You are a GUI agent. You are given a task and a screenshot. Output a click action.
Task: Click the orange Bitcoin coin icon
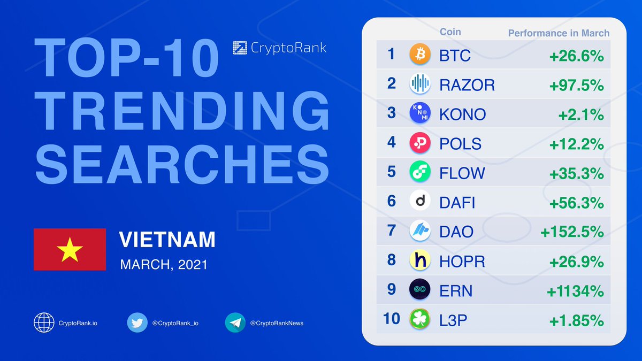(419, 55)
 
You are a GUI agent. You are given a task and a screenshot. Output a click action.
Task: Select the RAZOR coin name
(467, 85)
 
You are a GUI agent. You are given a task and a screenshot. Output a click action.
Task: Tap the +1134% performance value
(575, 291)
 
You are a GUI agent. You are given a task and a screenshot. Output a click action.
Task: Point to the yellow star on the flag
(70, 250)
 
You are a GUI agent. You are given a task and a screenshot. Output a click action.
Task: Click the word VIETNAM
(167, 240)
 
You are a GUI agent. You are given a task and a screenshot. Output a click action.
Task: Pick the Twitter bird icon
(137, 322)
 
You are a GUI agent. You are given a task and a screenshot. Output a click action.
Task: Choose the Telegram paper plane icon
(235, 322)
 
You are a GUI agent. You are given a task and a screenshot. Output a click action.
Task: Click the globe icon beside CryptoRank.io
(44, 322)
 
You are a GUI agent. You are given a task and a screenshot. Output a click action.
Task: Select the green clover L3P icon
(419, 319)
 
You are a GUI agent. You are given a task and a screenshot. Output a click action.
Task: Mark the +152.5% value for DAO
(572, 232)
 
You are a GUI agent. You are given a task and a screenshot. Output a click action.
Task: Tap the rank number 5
(392, 172)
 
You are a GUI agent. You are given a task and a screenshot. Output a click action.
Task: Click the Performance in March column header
(559, 33)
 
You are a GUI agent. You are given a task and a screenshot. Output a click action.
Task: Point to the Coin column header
(450, 32)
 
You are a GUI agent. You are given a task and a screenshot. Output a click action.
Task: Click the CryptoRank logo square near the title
(240, 48)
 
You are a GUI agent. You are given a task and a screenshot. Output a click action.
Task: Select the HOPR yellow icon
(419, 260)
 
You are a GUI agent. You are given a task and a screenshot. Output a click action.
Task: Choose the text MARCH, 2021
(163, 264)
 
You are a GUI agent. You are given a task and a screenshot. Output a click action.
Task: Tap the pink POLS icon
(419, 143)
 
